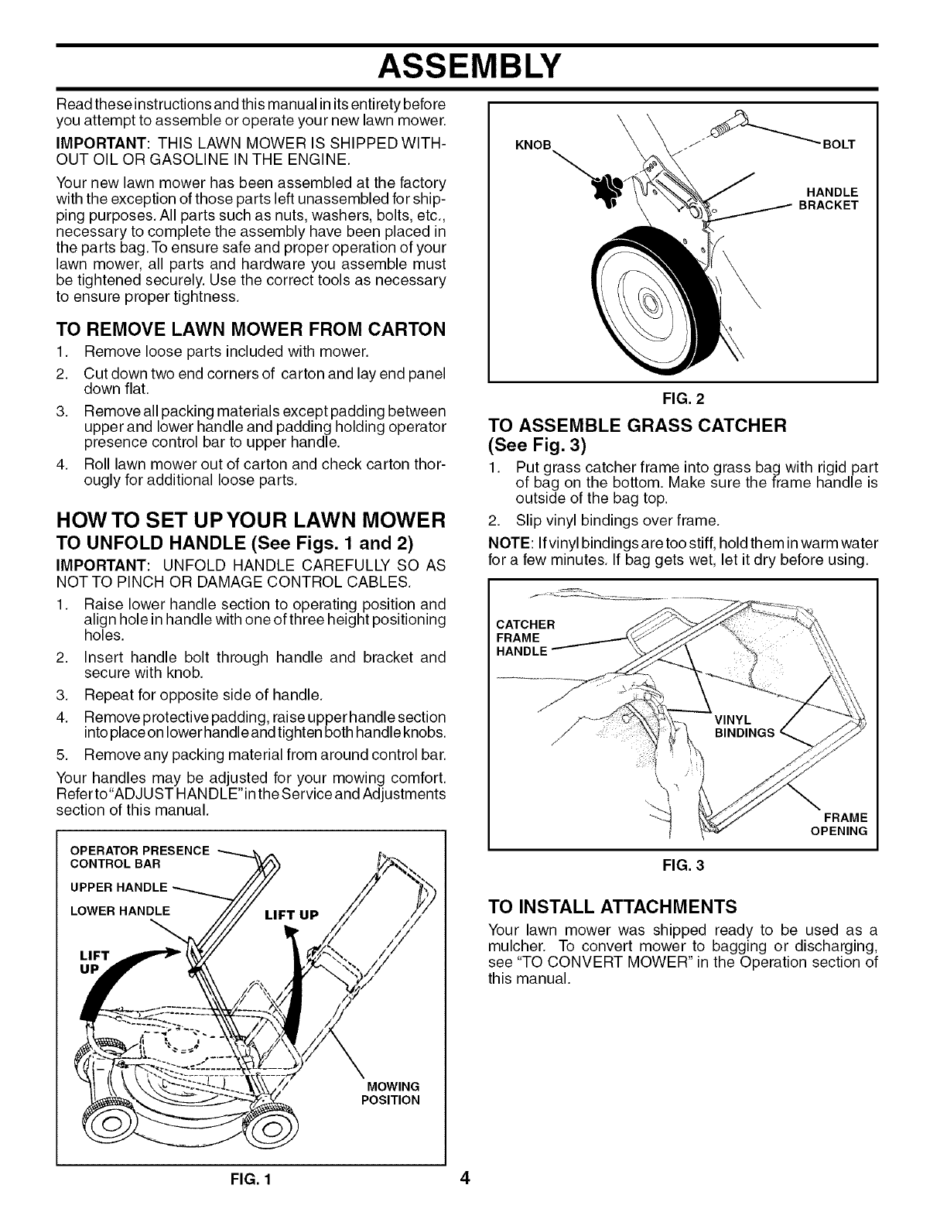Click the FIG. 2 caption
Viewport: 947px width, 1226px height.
pyautogui.click(x=682, y=400)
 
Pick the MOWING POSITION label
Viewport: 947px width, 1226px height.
pyautogui.click(x=390, y=1093)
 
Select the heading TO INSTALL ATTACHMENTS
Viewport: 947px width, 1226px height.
pyautogui.click(x=613, y=906)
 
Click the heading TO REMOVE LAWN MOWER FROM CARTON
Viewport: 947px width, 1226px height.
pyautogui.click(x=251, y=329)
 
